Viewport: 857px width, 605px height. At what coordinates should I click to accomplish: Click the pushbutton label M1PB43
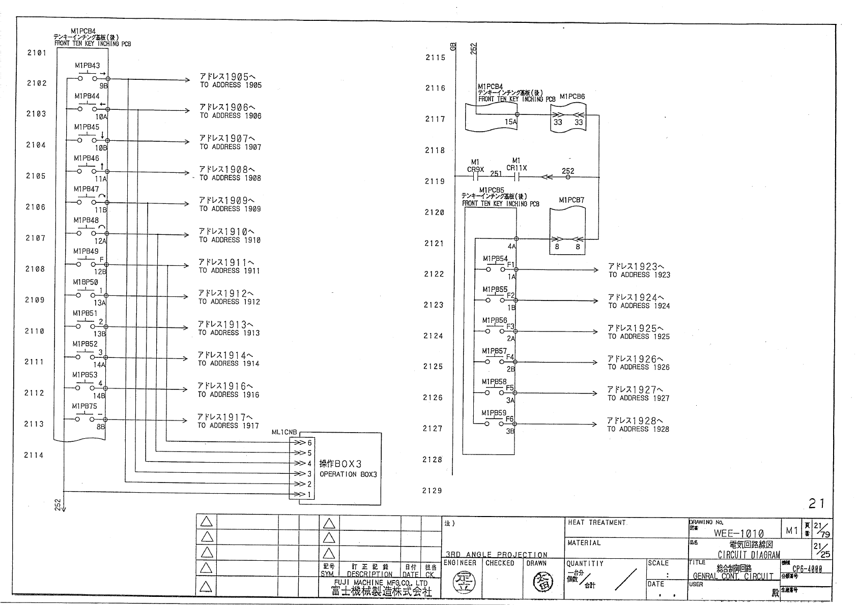tap(87, 66)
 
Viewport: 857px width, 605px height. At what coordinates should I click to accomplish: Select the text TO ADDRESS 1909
tap(230, 209)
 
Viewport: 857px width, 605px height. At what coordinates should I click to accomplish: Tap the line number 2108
tap(35, 269)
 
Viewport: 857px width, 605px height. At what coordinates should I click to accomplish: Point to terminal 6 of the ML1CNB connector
tap(309, 442)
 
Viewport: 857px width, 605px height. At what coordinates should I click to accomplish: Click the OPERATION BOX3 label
tap(348, 474)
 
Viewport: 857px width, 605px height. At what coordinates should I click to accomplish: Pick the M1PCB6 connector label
tap(572, 97)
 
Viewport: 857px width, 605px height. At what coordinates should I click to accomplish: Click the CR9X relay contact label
tap(475, 168)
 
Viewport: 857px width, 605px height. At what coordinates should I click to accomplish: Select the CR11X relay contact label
tap(517, 168)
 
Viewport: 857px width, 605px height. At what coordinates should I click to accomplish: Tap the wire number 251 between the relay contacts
tap(496, 173)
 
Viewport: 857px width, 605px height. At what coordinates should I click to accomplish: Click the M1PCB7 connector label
tap(572, 200)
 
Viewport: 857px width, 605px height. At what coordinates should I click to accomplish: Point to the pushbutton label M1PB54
tap(495, 259)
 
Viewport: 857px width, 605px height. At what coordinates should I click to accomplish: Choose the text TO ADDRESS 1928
tap(638, 429)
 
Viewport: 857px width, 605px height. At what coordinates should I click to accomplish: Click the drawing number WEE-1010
tap(738, 533)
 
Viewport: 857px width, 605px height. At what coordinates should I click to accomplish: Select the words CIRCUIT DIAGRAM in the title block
tap(749, 555)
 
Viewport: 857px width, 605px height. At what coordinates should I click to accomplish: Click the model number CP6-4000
tap(807, 569)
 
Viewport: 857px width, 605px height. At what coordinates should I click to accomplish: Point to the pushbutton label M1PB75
tap(84, 406)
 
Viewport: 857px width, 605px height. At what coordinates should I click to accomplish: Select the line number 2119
tap(435, 181)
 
